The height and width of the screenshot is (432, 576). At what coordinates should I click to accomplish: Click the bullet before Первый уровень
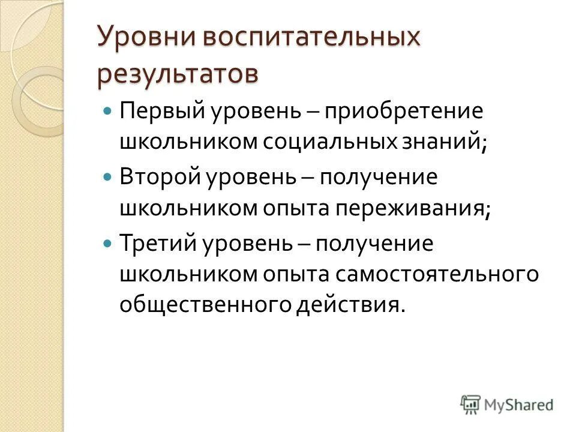[108, 112]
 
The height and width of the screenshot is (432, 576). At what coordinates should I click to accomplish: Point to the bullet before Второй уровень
[108, 178]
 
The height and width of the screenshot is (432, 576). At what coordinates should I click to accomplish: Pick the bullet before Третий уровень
[108, 244]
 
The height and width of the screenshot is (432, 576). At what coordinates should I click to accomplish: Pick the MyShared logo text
[519, 404]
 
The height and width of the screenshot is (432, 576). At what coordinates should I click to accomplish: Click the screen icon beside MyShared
[470, 404]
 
